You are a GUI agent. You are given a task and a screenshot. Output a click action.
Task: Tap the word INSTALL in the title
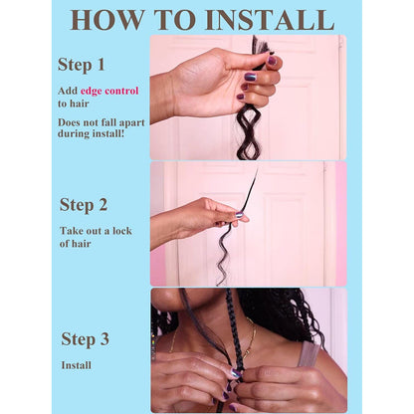(270, 20)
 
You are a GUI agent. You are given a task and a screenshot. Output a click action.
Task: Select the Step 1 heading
(82, 65)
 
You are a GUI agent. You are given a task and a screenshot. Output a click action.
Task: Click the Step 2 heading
(84, 205)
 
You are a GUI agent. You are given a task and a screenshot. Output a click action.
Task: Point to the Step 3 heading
(86, 339)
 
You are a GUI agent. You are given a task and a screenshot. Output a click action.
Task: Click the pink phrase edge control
(109, 91)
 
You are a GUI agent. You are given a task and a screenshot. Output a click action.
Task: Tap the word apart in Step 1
(131, 123)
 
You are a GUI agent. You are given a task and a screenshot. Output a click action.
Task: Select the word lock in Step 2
(122, 231)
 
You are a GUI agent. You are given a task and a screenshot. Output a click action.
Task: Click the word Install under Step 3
(77, 365)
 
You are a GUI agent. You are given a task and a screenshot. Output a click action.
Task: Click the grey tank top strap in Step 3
(310, 354)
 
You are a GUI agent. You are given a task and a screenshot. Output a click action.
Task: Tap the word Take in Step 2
(71, 231)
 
